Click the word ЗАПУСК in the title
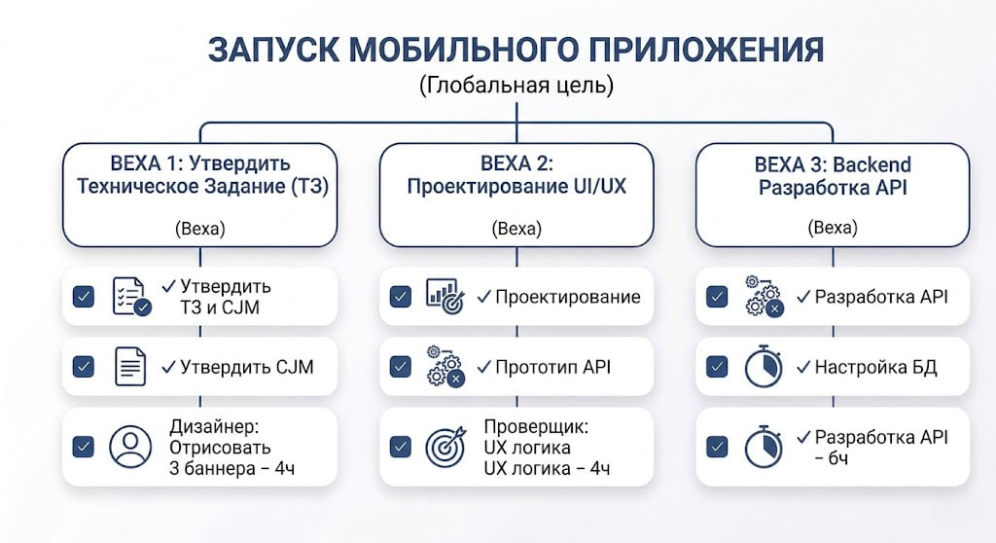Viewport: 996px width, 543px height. click(x=272, y=50)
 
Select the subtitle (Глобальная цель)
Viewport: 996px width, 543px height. click(x=516, y=86)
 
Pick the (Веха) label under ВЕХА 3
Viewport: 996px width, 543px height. click(x=833, y=227)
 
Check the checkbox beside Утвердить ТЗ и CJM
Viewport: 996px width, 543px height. click(x=84, y=296)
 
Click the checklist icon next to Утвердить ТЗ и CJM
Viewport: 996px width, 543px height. click(x=131, y=296)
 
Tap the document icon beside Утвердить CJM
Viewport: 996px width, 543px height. click(x=130, y=366)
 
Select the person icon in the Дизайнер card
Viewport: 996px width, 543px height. click(x=130, y=447)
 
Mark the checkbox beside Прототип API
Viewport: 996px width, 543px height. click(x=400, y=366)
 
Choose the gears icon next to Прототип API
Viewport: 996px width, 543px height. click(x=445, y=366)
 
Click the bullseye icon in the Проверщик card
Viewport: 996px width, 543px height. click(x=445, y=447)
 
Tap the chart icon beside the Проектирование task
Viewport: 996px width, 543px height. click(x=445, y=296)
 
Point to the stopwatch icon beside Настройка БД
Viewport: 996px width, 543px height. click(x=764, y=366)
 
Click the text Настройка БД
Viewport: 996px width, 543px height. click(x=876, y=367)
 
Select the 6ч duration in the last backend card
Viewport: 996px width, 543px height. click(x=838, y=458)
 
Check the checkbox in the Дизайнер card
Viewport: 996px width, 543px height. click(x=84, y=447)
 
